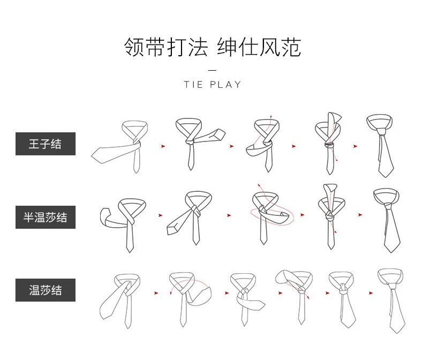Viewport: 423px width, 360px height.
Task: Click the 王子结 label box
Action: pyautogui.click(x=46, y=144)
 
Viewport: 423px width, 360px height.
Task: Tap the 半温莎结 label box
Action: pyautogui.click(x=46, y=217)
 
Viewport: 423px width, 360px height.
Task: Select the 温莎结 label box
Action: pyautogui.click(x=46, y=290)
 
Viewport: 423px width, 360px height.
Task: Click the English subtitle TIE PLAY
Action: pyautogui.click(x=213, y=85)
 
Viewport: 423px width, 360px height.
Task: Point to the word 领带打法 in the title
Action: pyautogui.click(x=165, y=47)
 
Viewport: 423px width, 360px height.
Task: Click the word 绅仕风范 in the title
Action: pyautogui.click(x=259, y=47)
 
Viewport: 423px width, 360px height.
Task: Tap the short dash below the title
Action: pyautogui.click(x=212, y=70)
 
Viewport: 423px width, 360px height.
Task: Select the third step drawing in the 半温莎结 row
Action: pyautogui.click(x=268, y=214)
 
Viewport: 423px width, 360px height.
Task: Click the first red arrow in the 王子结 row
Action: pyautogui.click(x=163, y=146)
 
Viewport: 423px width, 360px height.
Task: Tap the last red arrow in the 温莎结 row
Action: pyautogui.click(x=371, y=293)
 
